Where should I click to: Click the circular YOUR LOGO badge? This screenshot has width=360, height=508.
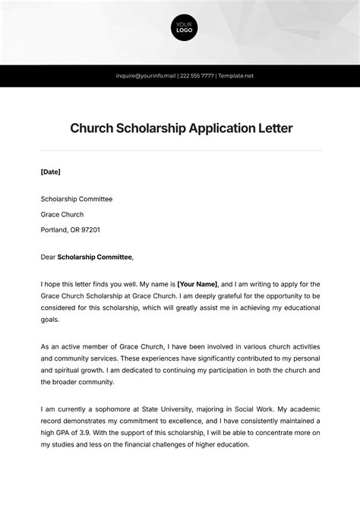point(184,28)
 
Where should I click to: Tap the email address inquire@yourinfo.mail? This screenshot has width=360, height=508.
point(145,76)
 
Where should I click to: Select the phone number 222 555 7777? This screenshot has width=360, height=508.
point(197,76)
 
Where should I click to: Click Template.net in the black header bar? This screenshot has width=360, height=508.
point(236,76)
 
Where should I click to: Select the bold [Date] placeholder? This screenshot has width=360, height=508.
point(50,172)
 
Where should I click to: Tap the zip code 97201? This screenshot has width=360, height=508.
point(90,229)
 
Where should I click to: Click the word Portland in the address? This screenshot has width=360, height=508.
point(55,229)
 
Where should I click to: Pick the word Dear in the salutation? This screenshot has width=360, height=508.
point(48,257)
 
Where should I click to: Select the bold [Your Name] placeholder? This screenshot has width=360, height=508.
point(197,283)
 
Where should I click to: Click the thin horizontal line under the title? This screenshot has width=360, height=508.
point(181,150)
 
